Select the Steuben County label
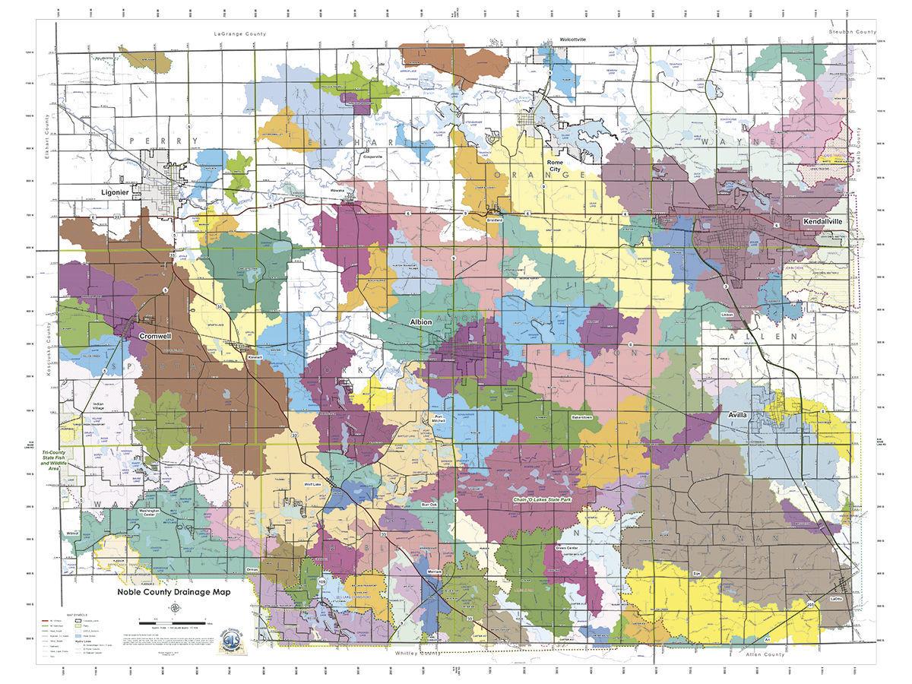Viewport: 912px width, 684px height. tap(853, 33)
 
